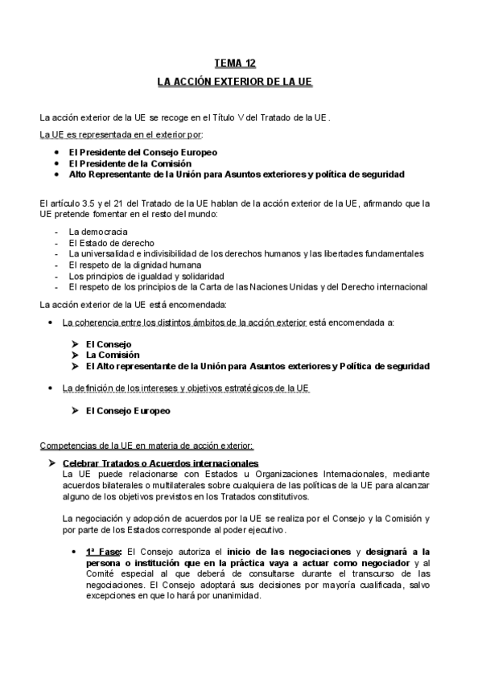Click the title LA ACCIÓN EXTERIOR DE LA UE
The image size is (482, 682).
[x=234, y=83]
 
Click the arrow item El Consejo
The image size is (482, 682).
[x=109, y=343]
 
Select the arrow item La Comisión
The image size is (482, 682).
[x=113, y=355]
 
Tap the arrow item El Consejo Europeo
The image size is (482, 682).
[x=128, y=410]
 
